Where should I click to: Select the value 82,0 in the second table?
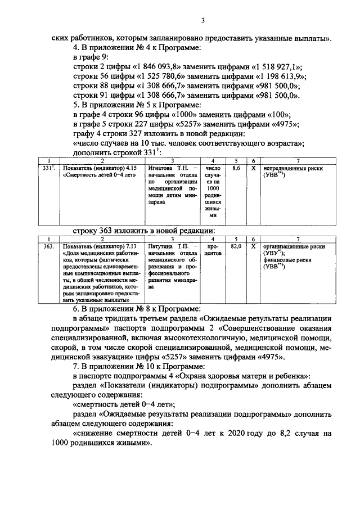click(x=237, y=246)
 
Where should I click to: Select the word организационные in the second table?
click(x=289, y=246)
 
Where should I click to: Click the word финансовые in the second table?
click(x=278, y=260)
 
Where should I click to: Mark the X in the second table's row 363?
click(x=254, y=246)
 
